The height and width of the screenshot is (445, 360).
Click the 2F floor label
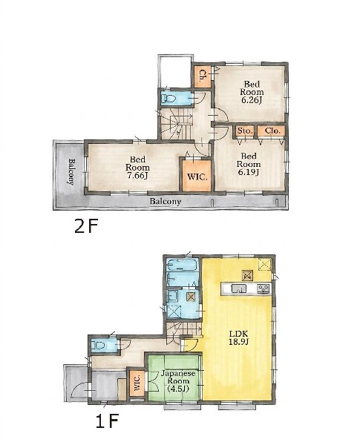[86, 227]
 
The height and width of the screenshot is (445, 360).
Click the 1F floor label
[107, 421]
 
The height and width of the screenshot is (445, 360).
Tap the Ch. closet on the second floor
[203, 76]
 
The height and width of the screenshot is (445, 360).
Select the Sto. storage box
[245, 131]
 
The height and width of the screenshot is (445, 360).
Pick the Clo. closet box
[271, 131]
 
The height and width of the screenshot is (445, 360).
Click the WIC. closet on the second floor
[197, 176]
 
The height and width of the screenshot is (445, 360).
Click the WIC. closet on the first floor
[137, 383]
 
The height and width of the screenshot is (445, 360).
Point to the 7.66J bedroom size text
[137, 176]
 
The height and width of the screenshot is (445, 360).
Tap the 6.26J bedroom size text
[252, 100]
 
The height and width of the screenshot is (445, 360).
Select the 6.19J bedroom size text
[249, 172]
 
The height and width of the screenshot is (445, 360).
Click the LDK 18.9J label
[239, 337]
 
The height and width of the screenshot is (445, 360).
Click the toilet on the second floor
[168, 99]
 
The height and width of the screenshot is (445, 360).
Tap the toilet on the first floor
[98, 346]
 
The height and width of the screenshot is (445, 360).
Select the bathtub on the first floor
[182, 265]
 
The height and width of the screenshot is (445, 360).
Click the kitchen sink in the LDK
[239, 289]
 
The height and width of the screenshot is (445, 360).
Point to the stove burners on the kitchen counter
[263, 289]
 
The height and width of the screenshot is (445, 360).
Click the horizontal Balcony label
[165, 202]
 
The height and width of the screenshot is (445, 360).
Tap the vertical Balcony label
[71, 172]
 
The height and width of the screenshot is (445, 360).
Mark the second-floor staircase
[176, 123]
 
